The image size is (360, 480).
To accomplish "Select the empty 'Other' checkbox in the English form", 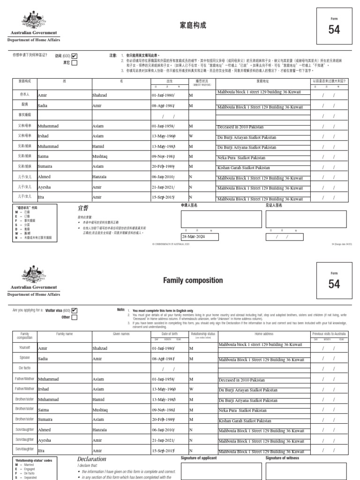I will click(x=75, y=317).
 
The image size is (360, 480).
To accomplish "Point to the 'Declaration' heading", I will click(x=91, y=459).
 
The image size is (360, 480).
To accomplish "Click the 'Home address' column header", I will click(x=264, y=334).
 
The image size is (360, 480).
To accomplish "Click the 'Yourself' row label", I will click(x=24, y=348).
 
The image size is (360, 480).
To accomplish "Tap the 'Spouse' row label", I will click(x=24, y=358).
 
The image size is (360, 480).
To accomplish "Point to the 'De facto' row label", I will click(x=24, y=368).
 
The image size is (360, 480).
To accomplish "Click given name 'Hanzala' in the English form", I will click(x=99, y=430).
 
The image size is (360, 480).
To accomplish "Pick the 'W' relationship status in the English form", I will click(x=191, y=389).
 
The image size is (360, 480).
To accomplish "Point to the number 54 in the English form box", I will click(x=334, y=284).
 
